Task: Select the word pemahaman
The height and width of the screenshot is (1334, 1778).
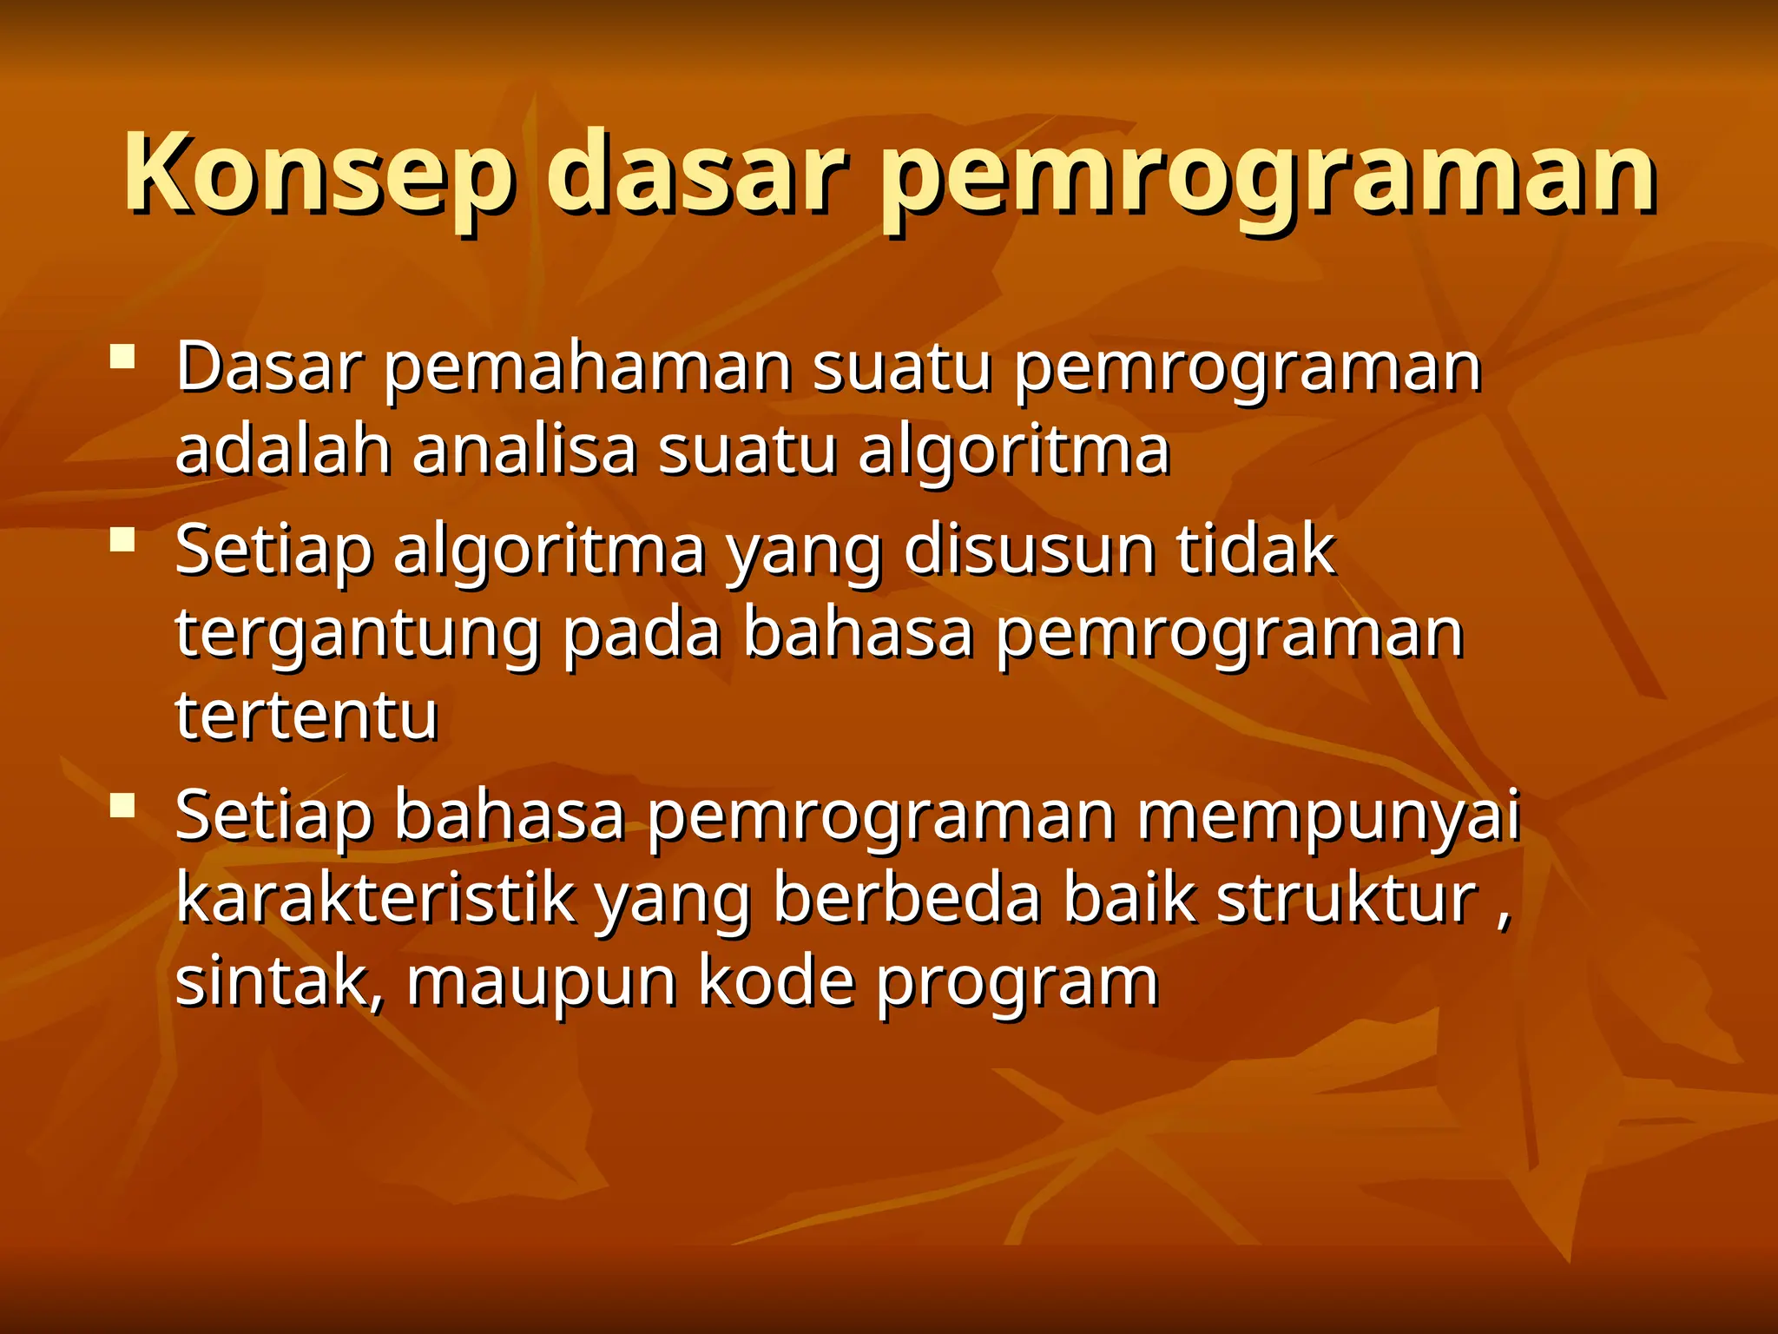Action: [589, 369]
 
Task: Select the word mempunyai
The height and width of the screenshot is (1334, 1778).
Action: [1328, 816]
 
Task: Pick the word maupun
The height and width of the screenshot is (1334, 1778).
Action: [541, 983]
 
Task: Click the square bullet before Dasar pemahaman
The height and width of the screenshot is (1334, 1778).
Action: [123, 358]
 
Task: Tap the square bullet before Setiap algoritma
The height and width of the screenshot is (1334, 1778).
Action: [123, 540]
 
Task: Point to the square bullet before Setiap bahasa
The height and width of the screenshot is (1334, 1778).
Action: [123, 806]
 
